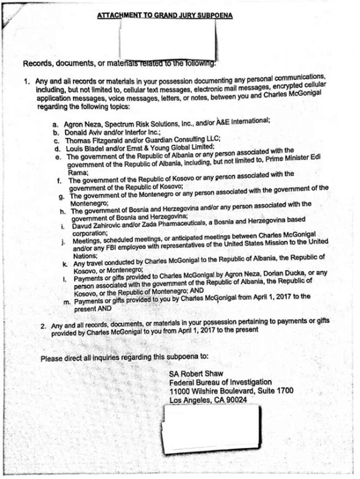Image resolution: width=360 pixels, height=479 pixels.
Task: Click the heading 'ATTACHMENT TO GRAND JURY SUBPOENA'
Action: click(x=165, y=16)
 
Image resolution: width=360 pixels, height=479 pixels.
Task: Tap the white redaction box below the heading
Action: click(x=168, y=40)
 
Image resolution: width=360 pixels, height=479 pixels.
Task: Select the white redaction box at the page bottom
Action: click(x=212, y=429)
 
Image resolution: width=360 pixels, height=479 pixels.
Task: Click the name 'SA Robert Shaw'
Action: click(x=196, y=374)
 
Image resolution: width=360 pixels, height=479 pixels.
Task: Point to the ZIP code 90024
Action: click(x=235, y=400)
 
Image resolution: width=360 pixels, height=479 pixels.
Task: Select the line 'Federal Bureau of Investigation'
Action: click(x=220, y=383)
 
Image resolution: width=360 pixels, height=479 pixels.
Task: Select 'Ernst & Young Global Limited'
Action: click(x=176, y=147)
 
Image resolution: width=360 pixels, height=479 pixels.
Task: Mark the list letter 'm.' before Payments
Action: click(x=67, y=302)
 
